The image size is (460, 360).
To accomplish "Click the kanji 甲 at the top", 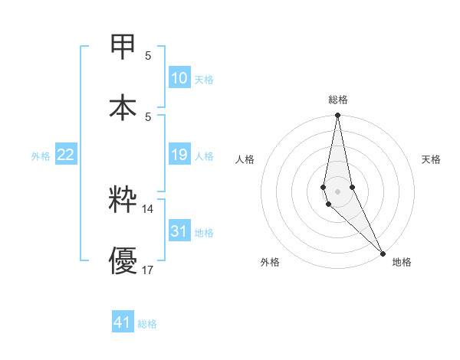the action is (x=123, y=47).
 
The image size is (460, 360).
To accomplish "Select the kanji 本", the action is (x=123, y=106).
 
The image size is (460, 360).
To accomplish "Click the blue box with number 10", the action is (x=179, y=78).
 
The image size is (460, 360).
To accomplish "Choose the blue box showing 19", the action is (x=179, y=155).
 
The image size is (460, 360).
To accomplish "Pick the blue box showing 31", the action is (x=179, y=231).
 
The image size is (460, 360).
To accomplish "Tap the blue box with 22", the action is (x=66, y=155).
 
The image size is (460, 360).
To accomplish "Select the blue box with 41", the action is (x=123, y=322).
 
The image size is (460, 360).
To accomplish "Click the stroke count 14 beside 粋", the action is (x=148, y=208).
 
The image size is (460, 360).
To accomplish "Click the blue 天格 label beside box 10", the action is (x=204, y=80).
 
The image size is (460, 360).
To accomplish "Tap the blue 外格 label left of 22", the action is (x=41, y=156).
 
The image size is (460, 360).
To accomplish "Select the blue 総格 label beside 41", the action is (x=147, y=324).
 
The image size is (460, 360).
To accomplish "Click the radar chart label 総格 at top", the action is (x=338, y=100).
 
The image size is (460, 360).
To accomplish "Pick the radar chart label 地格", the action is (x=402, y=262).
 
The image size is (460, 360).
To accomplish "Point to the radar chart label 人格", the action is (x=245, y=159).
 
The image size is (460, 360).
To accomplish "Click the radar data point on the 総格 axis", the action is (x=337, y=116).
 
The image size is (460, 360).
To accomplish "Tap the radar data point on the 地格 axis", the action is (x=383, y=252).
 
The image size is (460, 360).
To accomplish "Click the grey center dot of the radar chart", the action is (x=337, y=191).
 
